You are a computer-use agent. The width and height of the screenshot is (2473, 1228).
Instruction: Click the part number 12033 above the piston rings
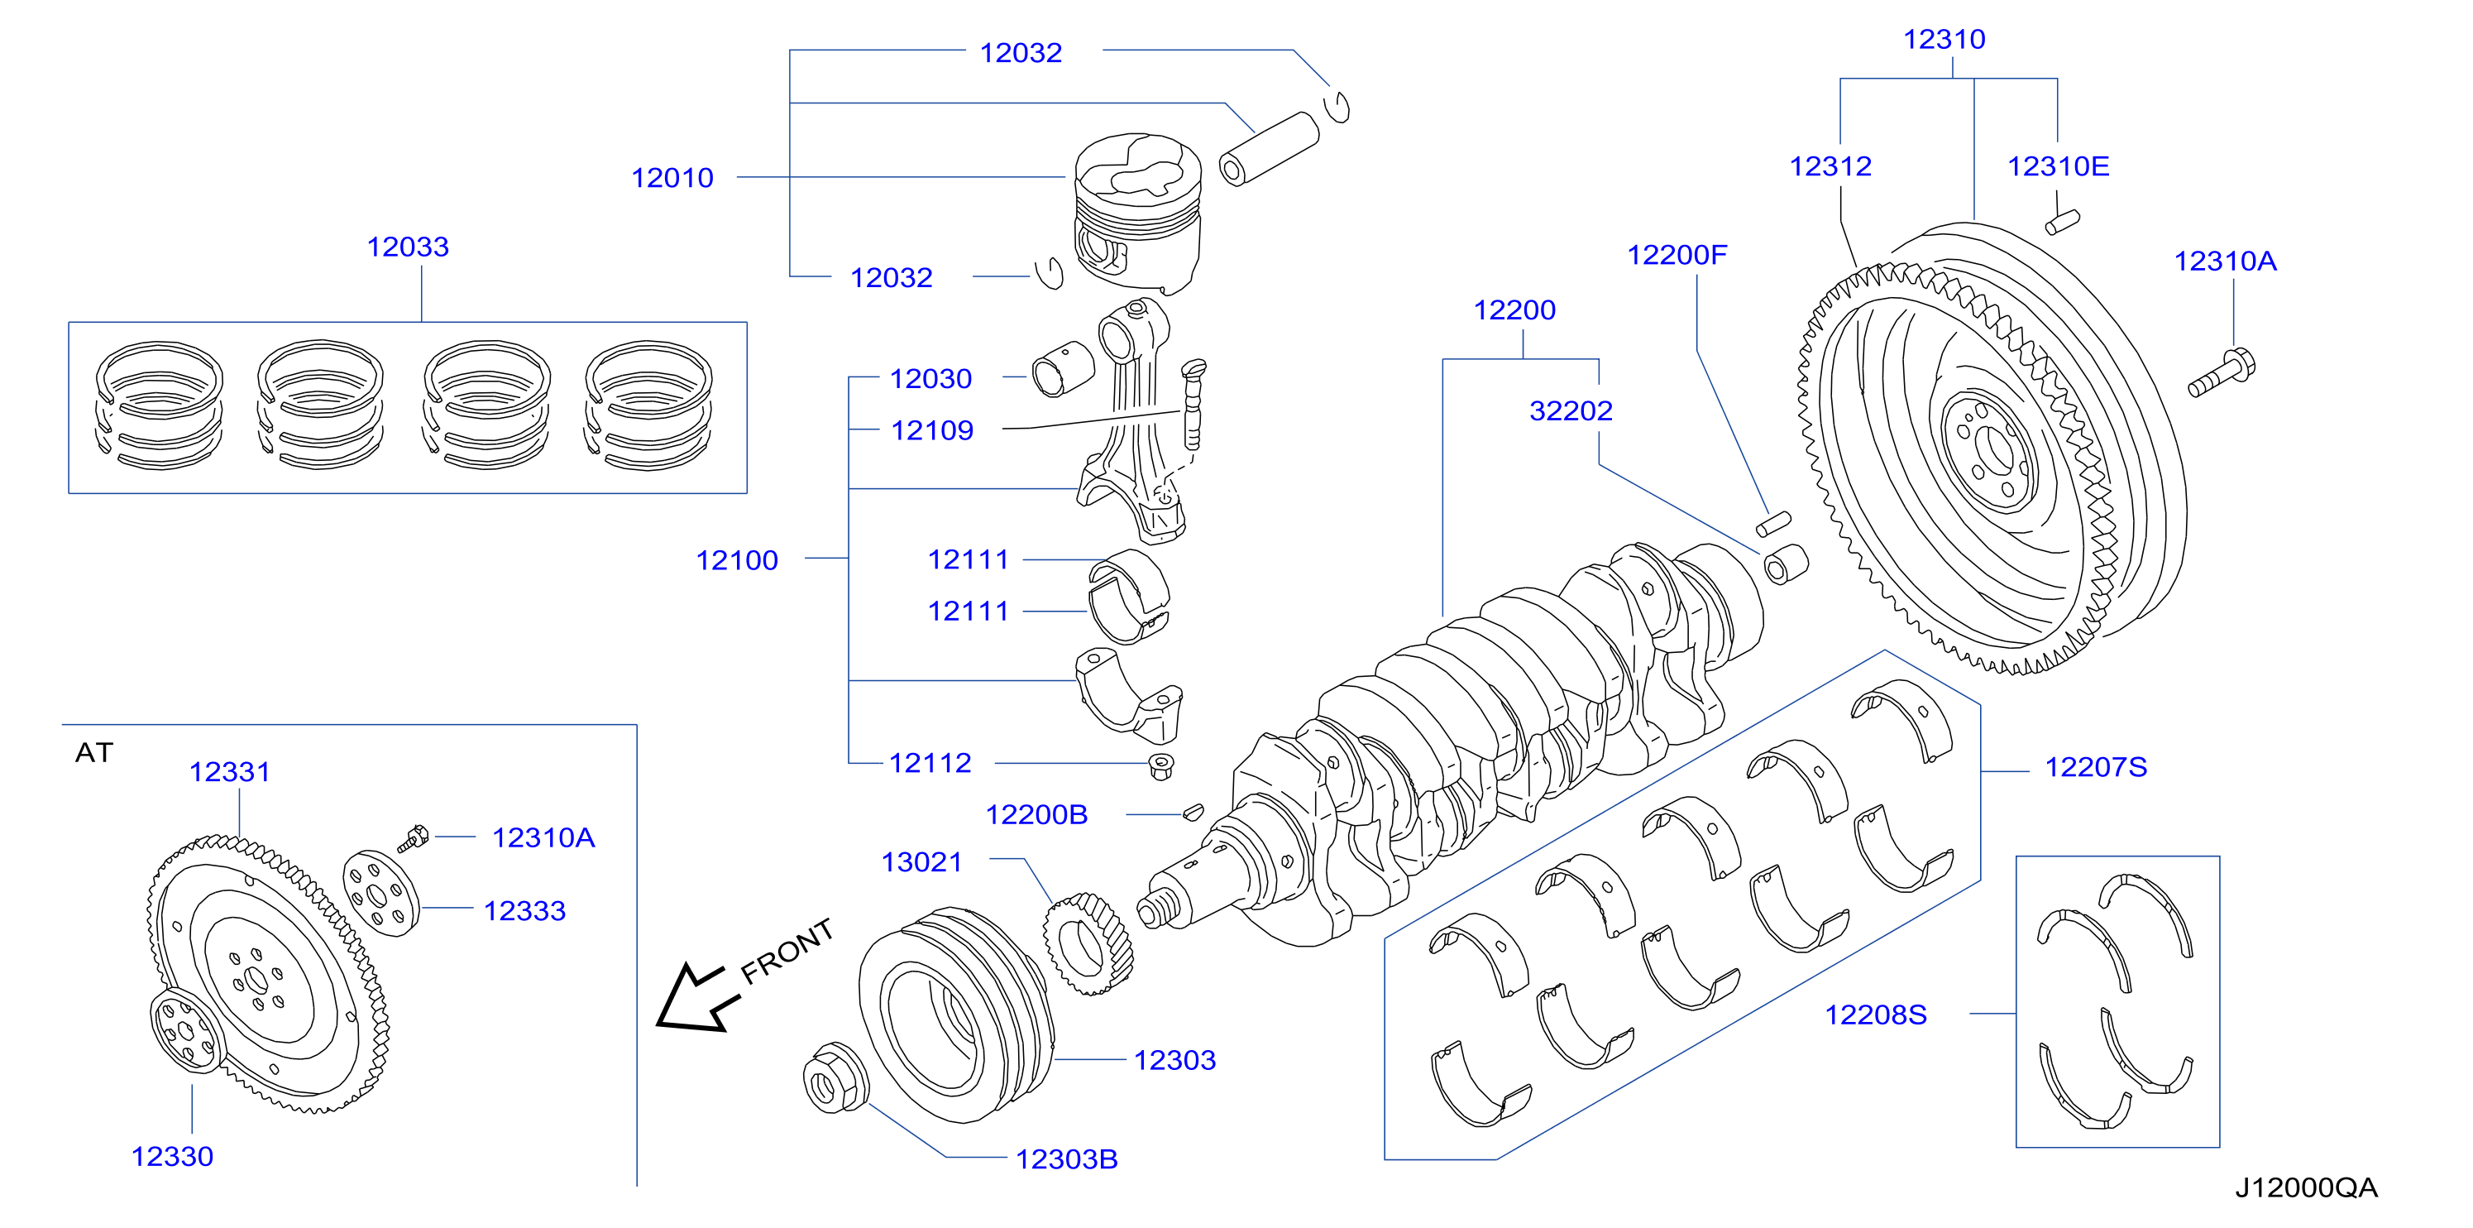point(408,247)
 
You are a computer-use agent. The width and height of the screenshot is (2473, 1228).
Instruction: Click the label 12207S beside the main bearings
point(2096,766)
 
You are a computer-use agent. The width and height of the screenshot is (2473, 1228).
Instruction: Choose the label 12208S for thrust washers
point(1876,1014)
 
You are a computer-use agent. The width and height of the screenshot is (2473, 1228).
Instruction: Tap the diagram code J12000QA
point(2306,1187)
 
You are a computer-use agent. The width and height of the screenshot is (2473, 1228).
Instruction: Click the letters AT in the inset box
point(94,752)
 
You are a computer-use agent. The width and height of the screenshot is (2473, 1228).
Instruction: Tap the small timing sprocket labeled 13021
point(1088,944)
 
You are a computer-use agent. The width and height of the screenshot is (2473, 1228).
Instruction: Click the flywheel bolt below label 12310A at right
point(2222,375)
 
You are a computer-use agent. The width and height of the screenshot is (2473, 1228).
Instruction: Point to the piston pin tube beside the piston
point(1269,149)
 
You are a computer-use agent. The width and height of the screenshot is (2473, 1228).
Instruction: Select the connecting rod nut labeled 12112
point(1161,766)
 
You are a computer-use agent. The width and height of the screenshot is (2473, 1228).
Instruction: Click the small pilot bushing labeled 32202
point(1787,564)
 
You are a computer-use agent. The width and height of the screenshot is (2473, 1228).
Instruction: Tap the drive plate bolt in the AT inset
point(414,838)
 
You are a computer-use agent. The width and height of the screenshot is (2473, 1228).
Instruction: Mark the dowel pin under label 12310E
point(2062,222)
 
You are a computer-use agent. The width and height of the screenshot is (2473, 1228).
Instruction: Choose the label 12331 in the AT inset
point(229,771)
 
